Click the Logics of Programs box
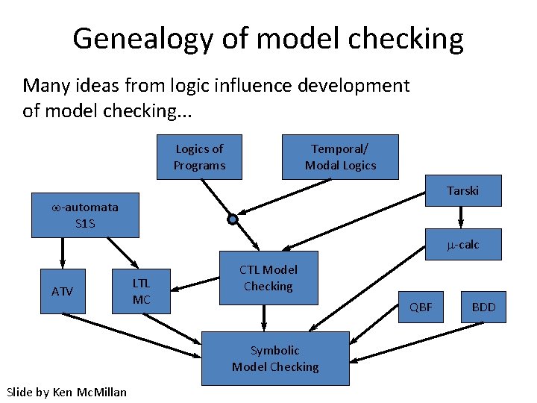pos(199,157)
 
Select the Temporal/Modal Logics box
pos(340,157)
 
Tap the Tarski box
pos(462,191)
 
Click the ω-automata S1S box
pos(84,215)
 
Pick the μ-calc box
pos(462,245)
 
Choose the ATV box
pos(63,291)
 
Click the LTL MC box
pos(141,291)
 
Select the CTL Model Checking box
pos(268,278)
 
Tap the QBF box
pos(421,307)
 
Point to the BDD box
pos(483,307)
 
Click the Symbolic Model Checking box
pos(275,358)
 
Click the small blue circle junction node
pos(233,219)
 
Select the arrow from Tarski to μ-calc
pos(462,216)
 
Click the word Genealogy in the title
pos(142,39)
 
